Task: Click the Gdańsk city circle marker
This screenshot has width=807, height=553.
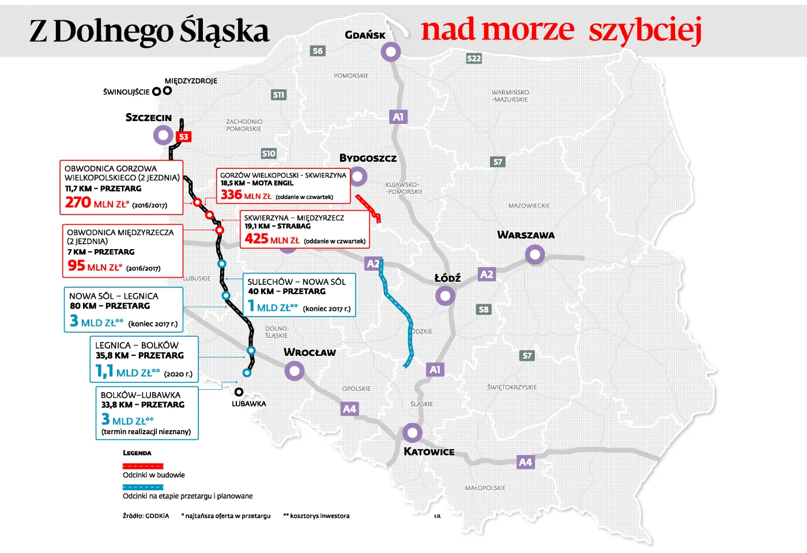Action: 391,52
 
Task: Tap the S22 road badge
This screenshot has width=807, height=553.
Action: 474,58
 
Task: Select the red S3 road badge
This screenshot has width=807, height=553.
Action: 183,137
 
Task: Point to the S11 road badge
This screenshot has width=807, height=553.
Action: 278,95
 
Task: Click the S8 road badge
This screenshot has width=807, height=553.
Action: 484,310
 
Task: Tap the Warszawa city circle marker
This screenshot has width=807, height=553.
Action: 535,254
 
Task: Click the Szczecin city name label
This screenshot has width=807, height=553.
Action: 149,118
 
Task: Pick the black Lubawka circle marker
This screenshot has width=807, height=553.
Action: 239,392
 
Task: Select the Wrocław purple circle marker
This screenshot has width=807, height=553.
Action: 295,371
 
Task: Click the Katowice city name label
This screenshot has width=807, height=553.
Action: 429,452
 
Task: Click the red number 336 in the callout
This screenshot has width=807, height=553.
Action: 231,195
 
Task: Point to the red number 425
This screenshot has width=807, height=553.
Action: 256,239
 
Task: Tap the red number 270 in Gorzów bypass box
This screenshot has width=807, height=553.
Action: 78,202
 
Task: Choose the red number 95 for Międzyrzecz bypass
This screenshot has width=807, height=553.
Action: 76,265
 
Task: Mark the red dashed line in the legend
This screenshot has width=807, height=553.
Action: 143,466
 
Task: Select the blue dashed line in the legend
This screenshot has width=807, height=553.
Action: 143,487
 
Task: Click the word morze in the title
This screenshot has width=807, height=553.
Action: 527,30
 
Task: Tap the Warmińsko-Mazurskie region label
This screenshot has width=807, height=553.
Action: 510,96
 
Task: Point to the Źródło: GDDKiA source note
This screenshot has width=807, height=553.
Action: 146,516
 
